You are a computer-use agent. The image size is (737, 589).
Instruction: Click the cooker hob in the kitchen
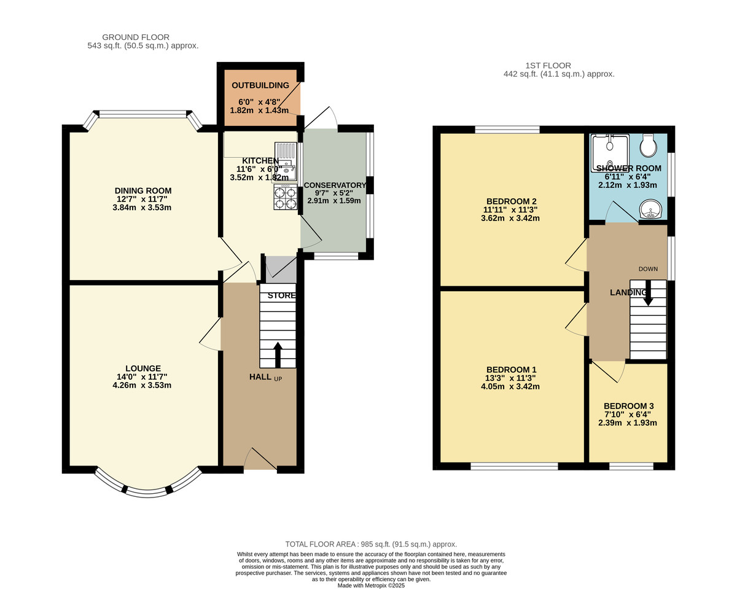(x=285, y=198)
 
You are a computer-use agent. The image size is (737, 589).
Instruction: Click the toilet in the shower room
(x=648, y=146)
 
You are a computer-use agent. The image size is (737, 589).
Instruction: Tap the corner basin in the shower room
(x=650, y=211)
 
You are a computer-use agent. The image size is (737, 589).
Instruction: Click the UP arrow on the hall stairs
(x=277, y=355)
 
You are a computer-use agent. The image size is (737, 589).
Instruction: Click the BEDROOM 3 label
(x=628, y=406)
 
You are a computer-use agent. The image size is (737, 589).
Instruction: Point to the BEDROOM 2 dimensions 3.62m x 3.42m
(x=510, y=218)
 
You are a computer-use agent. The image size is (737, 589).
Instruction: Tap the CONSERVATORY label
(x=335, y=185)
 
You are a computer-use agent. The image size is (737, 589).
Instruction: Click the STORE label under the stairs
(x=281, y=295)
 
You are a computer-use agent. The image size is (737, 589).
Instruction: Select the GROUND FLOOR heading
(x=136, y=37)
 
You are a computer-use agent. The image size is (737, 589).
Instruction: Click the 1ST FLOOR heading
(x=548, y=65)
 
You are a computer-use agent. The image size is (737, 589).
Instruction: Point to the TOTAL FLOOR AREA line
(x=371, y=544)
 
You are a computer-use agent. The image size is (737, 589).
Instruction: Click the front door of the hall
(x=261, y=459)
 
